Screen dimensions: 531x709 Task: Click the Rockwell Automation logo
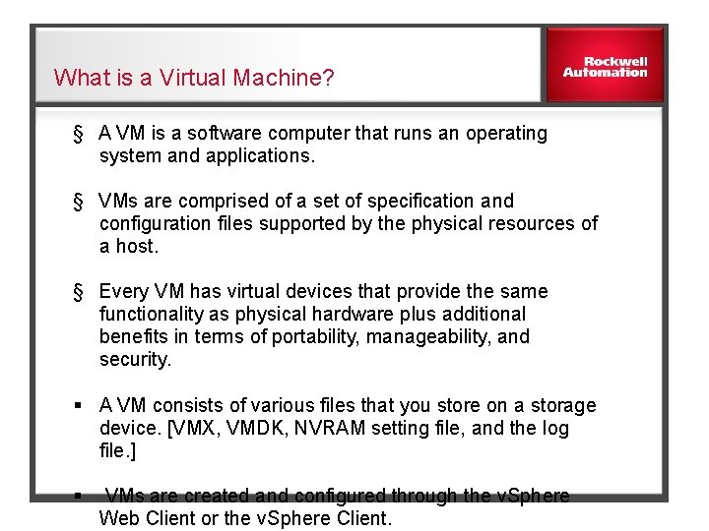pyautogui.click(x=605, y=65)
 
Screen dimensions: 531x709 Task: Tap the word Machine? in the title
pyautogui.click(x=285, y=78)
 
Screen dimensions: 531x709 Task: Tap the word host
pyautogui.click(x=136, y=246)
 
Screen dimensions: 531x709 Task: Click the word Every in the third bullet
pyautogui.click(x=124, y=291)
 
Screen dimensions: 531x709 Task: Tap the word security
pyautogui.click(x=135, y=359)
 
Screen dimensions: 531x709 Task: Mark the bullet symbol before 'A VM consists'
pyautogui.click(x=77, y=405)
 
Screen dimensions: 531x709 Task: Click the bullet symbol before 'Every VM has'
pyautogui.click(x=77, y=291)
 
